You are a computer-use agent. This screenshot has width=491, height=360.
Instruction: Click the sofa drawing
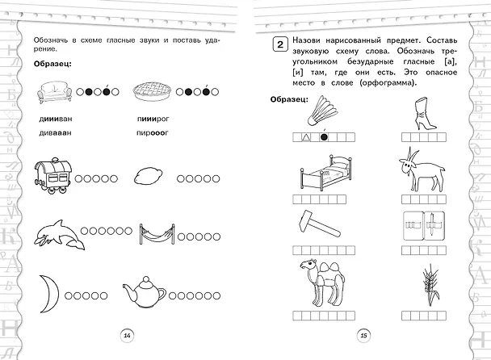(x=54, y=92)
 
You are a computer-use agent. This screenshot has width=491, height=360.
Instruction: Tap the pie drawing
(x=152, y=90)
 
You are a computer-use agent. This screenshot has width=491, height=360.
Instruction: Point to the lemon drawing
(x=148, y=177)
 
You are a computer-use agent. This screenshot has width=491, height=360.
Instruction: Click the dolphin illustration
(x=60, y=235)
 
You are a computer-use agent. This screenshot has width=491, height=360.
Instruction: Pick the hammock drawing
(x=157, y=234)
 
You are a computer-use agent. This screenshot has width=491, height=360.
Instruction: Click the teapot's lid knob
(x=145, y=278)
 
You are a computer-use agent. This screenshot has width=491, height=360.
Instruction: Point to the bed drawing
(x=326, y=172)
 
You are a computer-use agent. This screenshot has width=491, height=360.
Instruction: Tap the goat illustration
(x=422, y=170)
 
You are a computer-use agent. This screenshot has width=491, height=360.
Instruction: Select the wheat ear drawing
(x=431, y=285)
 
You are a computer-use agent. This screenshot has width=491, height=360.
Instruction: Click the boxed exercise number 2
(x=280, y=44)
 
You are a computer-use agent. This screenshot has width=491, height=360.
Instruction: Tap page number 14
(x=127, y=336)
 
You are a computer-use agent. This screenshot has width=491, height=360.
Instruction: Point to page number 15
(x=363, y=336)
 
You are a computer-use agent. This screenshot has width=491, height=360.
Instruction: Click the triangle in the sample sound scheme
(x=306, y=137)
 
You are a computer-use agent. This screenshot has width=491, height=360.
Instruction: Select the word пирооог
(x=152, y=132)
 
